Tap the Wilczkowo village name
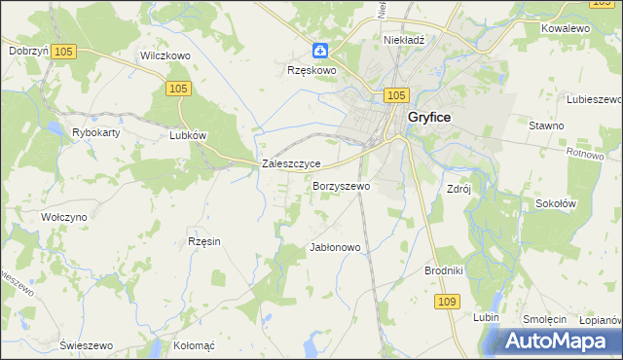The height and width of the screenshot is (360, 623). (165, 56)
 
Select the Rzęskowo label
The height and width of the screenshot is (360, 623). (311, 70)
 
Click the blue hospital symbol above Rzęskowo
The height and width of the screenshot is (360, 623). (320, 51)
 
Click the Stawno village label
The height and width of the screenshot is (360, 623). (546, 126)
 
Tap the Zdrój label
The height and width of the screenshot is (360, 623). (458, 189)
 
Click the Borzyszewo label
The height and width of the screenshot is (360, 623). (341, 185)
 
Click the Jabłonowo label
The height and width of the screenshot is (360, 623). (335, 247)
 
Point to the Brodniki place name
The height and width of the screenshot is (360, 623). (443, 270)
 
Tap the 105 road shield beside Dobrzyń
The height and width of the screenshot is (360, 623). (64, 51)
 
